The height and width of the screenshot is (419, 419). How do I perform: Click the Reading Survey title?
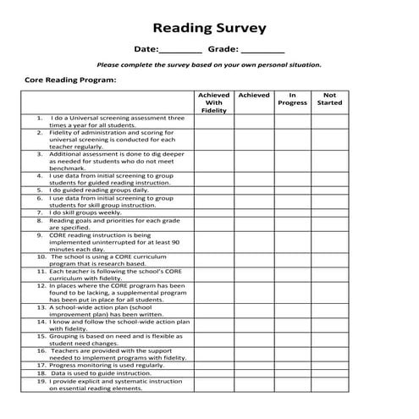(209, 28)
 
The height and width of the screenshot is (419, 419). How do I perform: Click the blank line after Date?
(180, 51)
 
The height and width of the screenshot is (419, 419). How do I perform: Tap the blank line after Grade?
(262, 51)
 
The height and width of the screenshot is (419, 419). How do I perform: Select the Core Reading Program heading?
(69, 80)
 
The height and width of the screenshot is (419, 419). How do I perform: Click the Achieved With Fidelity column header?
(214, 102)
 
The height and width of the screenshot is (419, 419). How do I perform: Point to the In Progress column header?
(292, 99)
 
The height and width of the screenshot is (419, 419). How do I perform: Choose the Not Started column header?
(329, 99)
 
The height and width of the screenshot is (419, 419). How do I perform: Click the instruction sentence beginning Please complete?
(209, 65)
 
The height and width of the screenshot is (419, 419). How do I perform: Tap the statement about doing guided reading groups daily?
(98, 190)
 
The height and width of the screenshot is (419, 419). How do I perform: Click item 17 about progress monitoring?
(106, 365)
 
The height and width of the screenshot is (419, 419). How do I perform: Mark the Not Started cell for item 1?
(329, 121)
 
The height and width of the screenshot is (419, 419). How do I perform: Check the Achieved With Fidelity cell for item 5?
(214, 190)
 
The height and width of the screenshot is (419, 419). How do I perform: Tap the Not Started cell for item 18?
(329, 372)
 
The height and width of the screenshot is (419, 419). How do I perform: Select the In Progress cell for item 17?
(292, 365)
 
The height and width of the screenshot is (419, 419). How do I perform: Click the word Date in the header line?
(145, 49)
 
